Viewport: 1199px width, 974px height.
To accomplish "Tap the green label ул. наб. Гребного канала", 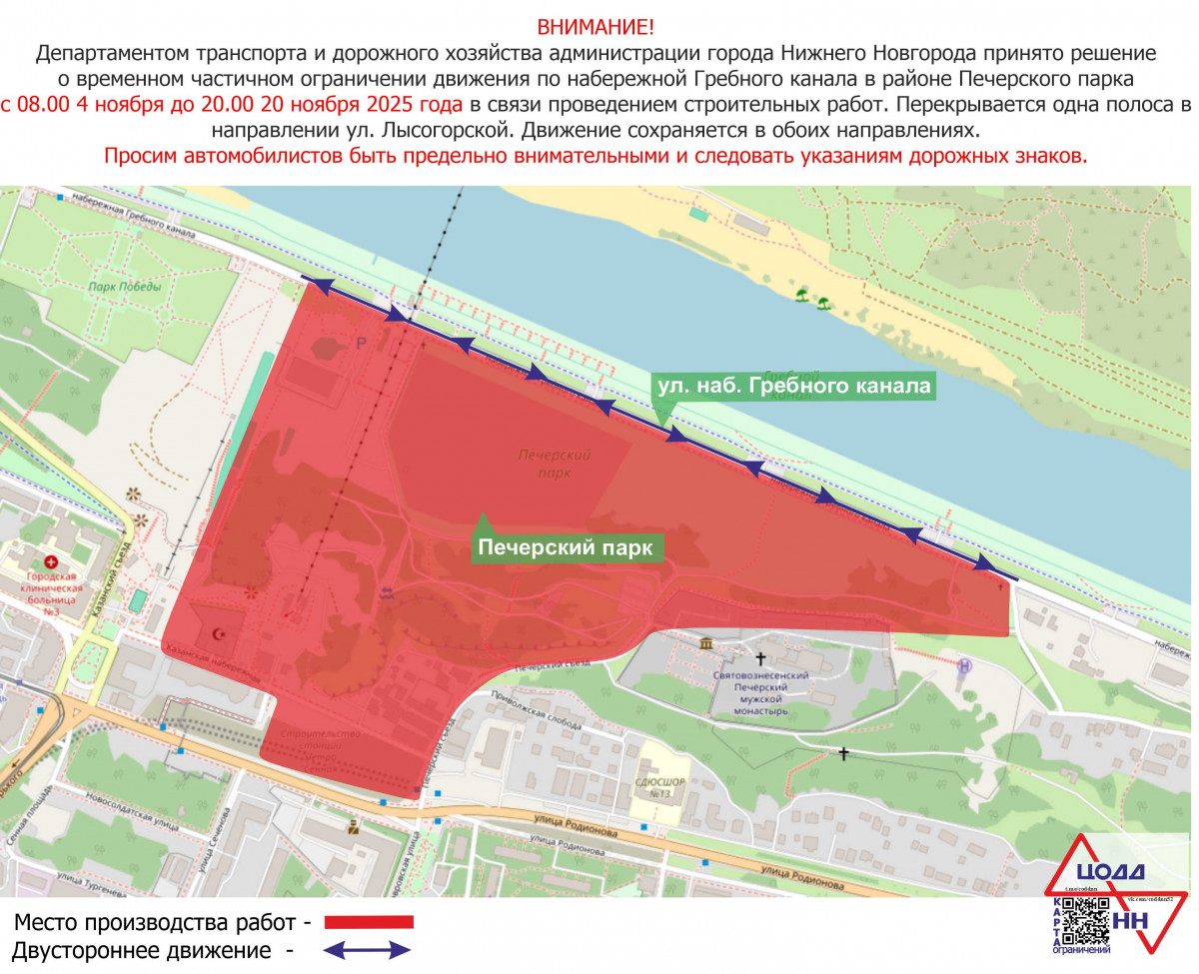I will point(793,386).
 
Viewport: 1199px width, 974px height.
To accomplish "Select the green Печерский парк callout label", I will point(566,548).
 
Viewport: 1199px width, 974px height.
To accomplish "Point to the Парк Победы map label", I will point(124,288).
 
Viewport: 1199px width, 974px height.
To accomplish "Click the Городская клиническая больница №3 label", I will point(52,589).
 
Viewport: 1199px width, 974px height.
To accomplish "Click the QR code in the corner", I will point(1084,922).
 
